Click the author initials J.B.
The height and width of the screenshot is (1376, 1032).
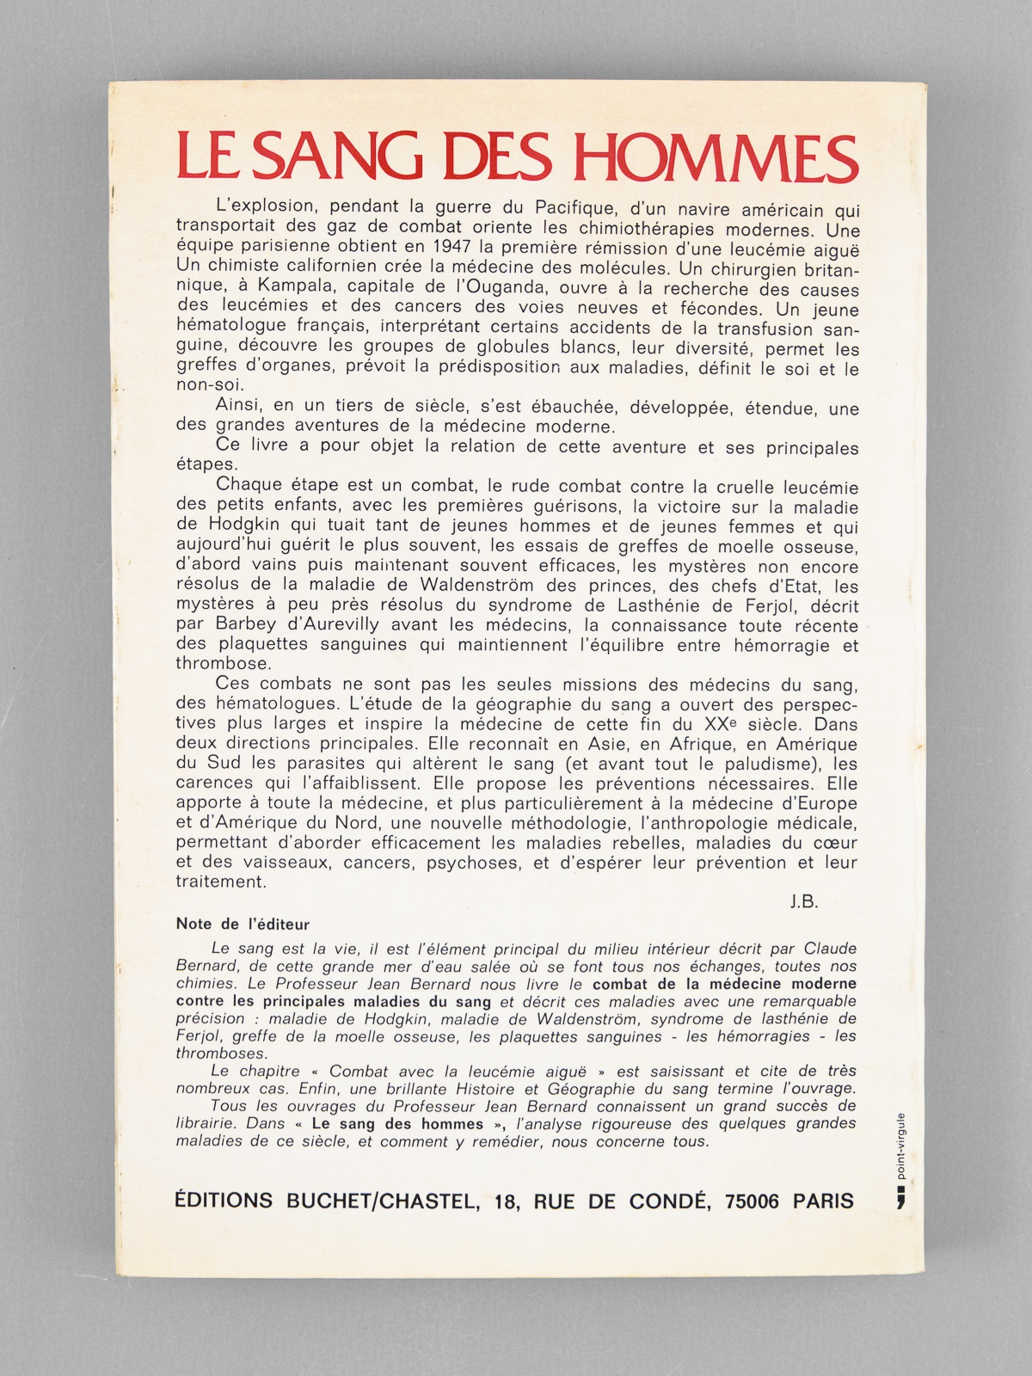point(802,902)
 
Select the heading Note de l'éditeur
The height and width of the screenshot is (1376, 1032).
point(243,924)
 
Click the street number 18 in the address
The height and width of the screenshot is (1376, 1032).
point(502,1201)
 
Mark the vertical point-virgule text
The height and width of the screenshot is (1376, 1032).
point(900,1143)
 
